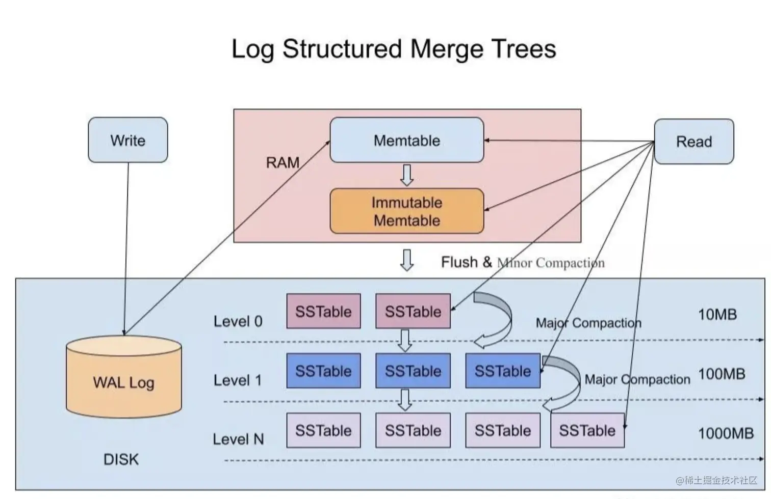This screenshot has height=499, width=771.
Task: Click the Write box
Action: pos(127,140)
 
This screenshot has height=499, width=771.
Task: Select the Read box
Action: pos(693,142)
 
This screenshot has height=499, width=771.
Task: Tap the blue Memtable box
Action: pos(406,140)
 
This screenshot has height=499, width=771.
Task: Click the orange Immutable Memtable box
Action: pos(406,211)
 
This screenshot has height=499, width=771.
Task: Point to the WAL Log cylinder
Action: pos(124,379)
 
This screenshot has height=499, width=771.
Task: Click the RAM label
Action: pos(282,162)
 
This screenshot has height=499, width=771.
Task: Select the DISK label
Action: pos(121,459)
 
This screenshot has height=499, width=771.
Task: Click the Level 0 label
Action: pos(238,321)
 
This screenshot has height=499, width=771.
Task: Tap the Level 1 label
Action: pos(238,380)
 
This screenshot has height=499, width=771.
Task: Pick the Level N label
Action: pos(238,439)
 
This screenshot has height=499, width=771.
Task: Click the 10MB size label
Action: pos(717,315)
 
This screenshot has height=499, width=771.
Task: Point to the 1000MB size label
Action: pos(725,433)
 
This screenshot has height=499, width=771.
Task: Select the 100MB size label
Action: pos(721,374)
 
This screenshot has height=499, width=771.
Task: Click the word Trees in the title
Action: pos(524,49)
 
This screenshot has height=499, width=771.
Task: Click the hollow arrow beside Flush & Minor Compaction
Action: pos(406,260)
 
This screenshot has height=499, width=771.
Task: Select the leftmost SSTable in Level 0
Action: pos(323,311)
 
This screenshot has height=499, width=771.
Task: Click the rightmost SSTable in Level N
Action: pos(587,430)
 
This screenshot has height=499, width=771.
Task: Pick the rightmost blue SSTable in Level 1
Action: pos(502,371)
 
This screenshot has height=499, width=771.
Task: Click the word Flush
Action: pos(459,262)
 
